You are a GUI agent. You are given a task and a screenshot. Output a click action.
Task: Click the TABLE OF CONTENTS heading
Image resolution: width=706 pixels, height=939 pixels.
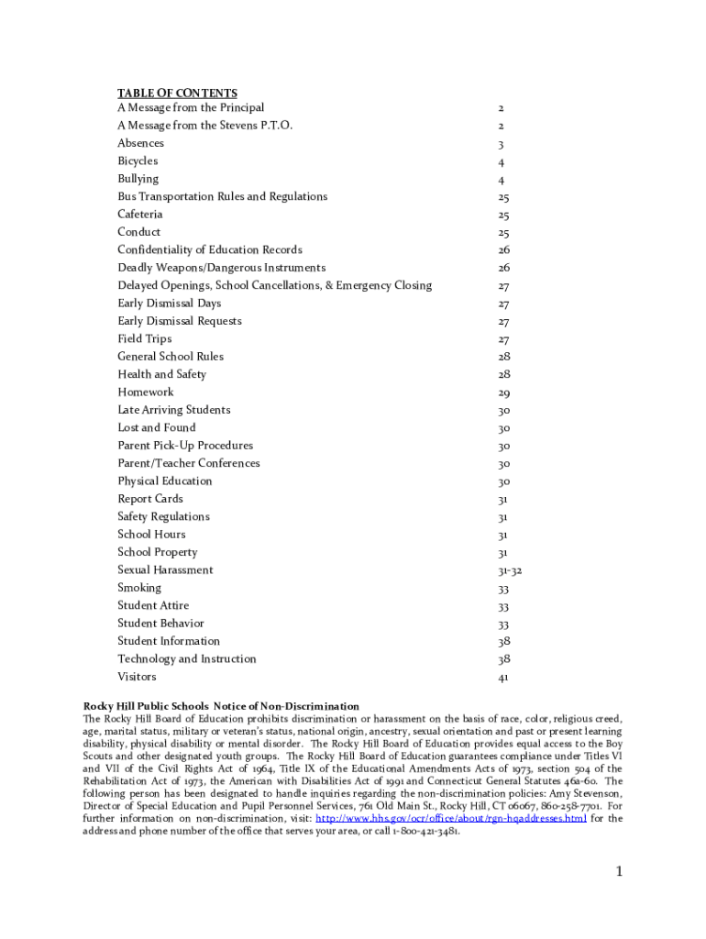(177, 94)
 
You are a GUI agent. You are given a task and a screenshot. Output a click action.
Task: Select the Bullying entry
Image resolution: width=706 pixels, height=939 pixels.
(138, 179)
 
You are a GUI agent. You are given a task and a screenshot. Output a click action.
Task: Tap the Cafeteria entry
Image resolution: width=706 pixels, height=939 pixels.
(140, 215)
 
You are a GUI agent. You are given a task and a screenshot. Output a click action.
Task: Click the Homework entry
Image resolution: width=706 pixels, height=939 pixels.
(145, 392)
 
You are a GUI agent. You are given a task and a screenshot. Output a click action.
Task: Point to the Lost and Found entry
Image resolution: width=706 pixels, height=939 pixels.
(156, 428)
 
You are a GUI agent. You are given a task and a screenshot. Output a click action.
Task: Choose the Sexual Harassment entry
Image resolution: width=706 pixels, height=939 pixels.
(165, 570)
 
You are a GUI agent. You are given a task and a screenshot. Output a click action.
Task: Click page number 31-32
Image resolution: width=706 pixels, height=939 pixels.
(510, 570)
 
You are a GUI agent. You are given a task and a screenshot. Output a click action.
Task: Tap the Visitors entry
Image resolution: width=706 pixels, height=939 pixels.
(137, 677)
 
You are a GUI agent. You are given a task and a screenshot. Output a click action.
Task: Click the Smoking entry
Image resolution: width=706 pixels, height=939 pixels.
(138, 588)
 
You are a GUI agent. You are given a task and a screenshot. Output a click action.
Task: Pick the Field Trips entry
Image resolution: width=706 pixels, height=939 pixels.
(144, 339)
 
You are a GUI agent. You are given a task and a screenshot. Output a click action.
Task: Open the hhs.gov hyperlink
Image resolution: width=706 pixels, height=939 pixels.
(450, 819)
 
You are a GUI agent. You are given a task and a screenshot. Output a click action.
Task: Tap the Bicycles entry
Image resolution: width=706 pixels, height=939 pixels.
(138, 161)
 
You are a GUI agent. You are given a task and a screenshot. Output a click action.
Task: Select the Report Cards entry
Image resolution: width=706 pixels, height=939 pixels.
(150, 499)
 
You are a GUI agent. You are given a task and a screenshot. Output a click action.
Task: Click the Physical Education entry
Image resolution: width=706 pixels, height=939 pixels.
(164, 481)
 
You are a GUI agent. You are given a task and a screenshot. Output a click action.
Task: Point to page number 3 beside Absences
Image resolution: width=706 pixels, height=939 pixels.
(501, 144)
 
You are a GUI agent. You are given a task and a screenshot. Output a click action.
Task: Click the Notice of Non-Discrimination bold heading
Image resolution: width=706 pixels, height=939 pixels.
(221, 706)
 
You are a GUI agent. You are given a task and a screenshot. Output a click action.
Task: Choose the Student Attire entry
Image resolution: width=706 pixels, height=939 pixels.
(153, 605)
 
